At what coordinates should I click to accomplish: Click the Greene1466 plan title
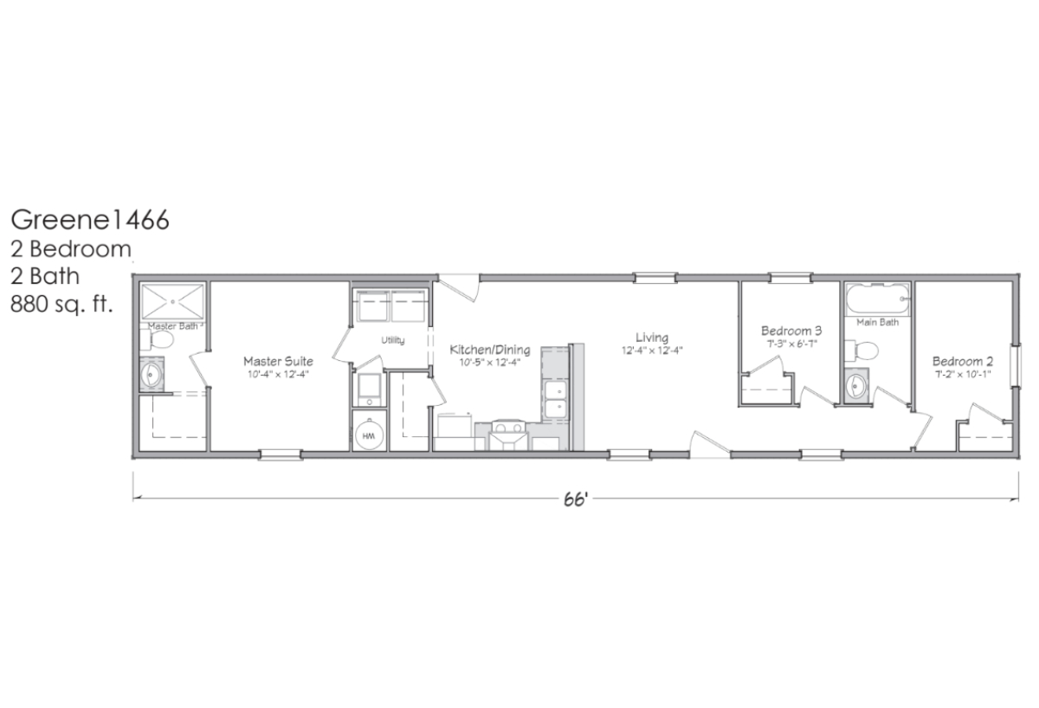[89, 220]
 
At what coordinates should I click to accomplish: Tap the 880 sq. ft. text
[61, 304]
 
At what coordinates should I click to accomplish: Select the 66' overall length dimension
[576, 499]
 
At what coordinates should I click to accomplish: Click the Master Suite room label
[278, 361]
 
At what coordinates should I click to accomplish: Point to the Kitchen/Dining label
[490, 350]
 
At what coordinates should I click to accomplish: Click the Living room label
[652, 338]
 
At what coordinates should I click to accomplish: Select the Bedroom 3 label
[791, 331]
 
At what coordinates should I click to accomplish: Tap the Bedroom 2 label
[963, 361]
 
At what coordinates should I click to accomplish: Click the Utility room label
[393, 340]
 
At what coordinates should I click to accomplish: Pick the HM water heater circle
[369, 435]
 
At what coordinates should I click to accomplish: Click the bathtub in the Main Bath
[876, 299]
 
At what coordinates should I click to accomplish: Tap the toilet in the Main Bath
[862, 350]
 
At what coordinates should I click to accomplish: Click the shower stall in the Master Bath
[172, 302]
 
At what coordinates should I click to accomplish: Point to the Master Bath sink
[152, 374]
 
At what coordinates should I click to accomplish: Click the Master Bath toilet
[157, 339]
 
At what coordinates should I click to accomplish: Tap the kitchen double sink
[555, 400]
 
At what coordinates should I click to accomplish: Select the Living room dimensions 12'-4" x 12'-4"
[652, 351]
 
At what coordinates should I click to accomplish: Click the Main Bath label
[878, 322]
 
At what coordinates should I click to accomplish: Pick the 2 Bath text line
[45, 277]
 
